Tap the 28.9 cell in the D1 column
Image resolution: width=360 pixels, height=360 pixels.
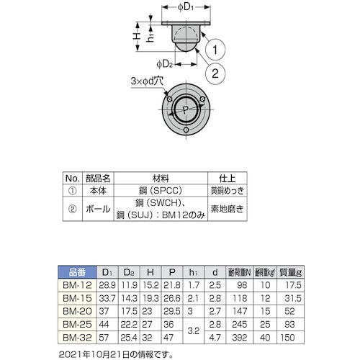click(x=107, y=285)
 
